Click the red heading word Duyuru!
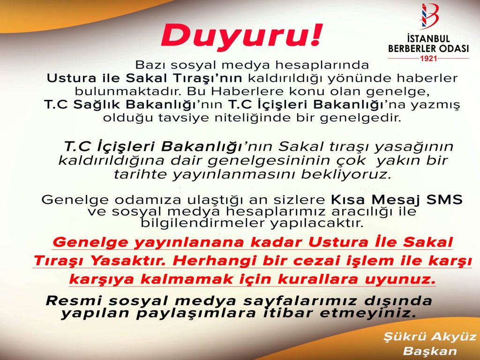(x=242, y=36)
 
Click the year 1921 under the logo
(x=428, y=58)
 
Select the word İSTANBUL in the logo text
(x=428, y=39)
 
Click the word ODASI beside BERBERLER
(x=452, y=49)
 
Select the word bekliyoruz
(x=346, y=174)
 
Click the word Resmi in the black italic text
(x=74, y=300)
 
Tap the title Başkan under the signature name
(x=430, y=351)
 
